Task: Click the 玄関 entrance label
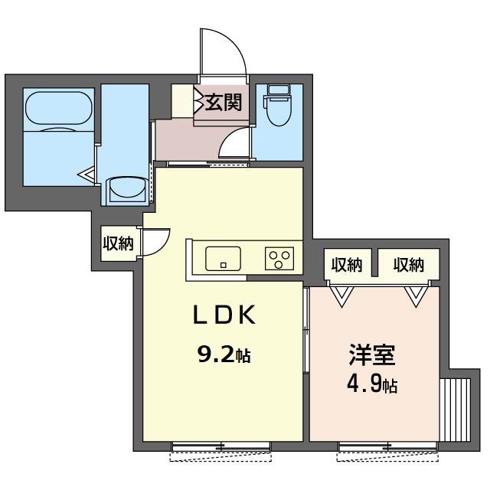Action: click(224, 103)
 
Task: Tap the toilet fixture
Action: click(277, 105)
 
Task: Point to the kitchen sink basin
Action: click(223, 259)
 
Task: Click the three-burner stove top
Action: click(279, 259)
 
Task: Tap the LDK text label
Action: click(224, 315)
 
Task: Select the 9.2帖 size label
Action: click(224, 355)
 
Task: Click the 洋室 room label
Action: click(372, 354)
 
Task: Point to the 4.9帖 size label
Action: click(372, 385)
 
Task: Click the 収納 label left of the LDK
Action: click(119, 243)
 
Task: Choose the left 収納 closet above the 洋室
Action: click(347, 265)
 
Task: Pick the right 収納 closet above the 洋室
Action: click(408, 265)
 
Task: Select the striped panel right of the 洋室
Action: click(455, 410)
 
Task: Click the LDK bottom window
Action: click(221, 446)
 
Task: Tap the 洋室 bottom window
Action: click(387, 446)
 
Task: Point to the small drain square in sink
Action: click(223, 266)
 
